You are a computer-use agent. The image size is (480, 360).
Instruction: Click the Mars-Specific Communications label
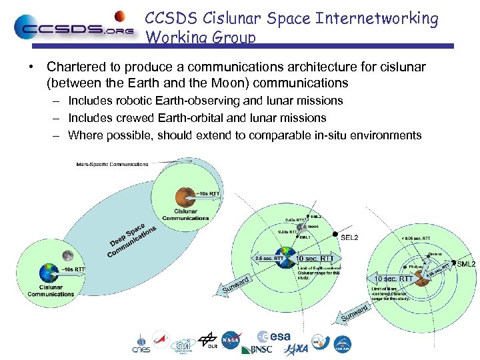click(x=112, y=163)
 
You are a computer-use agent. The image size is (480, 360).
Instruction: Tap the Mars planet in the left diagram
click(x=185, y=195)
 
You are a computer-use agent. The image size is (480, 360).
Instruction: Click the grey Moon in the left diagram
click(x=67, y=255)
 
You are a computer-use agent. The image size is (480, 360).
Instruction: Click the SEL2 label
click(x=349, y=237)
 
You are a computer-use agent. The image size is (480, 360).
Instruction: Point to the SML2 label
click(x=466, y=264)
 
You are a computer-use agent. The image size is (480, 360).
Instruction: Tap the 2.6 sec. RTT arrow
click(x=269, y=258)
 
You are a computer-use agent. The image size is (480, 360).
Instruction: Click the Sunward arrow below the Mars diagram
click(x=355, y=313)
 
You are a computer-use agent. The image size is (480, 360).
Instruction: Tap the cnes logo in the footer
click(x=141, y=343)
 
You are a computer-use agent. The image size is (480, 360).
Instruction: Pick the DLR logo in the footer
click(x=208, y=341)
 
